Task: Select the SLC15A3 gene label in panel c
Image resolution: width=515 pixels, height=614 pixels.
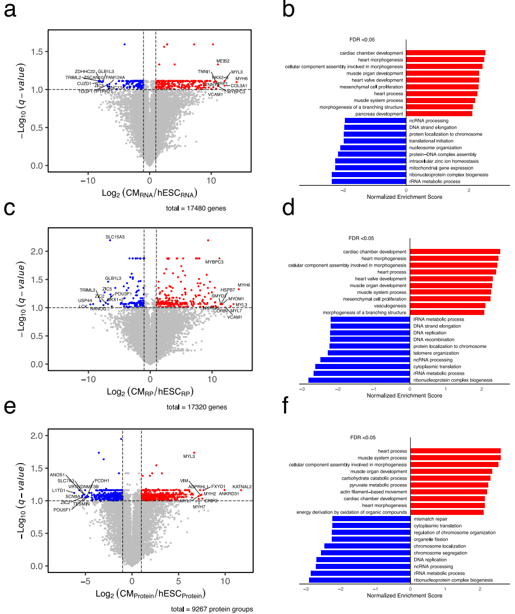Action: click(116, 236)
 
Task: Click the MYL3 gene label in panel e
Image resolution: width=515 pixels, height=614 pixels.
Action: click(189, 456)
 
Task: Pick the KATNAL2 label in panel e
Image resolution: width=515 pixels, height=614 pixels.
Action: click(242, 486)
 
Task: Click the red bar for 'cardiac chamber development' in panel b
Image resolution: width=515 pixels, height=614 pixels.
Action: click(445, 53)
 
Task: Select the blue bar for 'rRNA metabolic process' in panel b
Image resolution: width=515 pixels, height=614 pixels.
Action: click(369, 182)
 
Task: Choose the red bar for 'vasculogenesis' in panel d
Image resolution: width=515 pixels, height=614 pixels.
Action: click(447, 305)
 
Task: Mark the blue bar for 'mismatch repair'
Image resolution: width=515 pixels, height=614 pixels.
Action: click(371, 519)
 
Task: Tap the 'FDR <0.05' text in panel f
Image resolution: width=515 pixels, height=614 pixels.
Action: click(362, 439)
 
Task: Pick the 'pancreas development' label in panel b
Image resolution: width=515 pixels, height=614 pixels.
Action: click(379, 114)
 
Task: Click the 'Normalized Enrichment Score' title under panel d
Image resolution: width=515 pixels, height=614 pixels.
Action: click(410, 395)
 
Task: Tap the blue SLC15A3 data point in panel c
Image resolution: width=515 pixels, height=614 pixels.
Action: click(110, 240)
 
